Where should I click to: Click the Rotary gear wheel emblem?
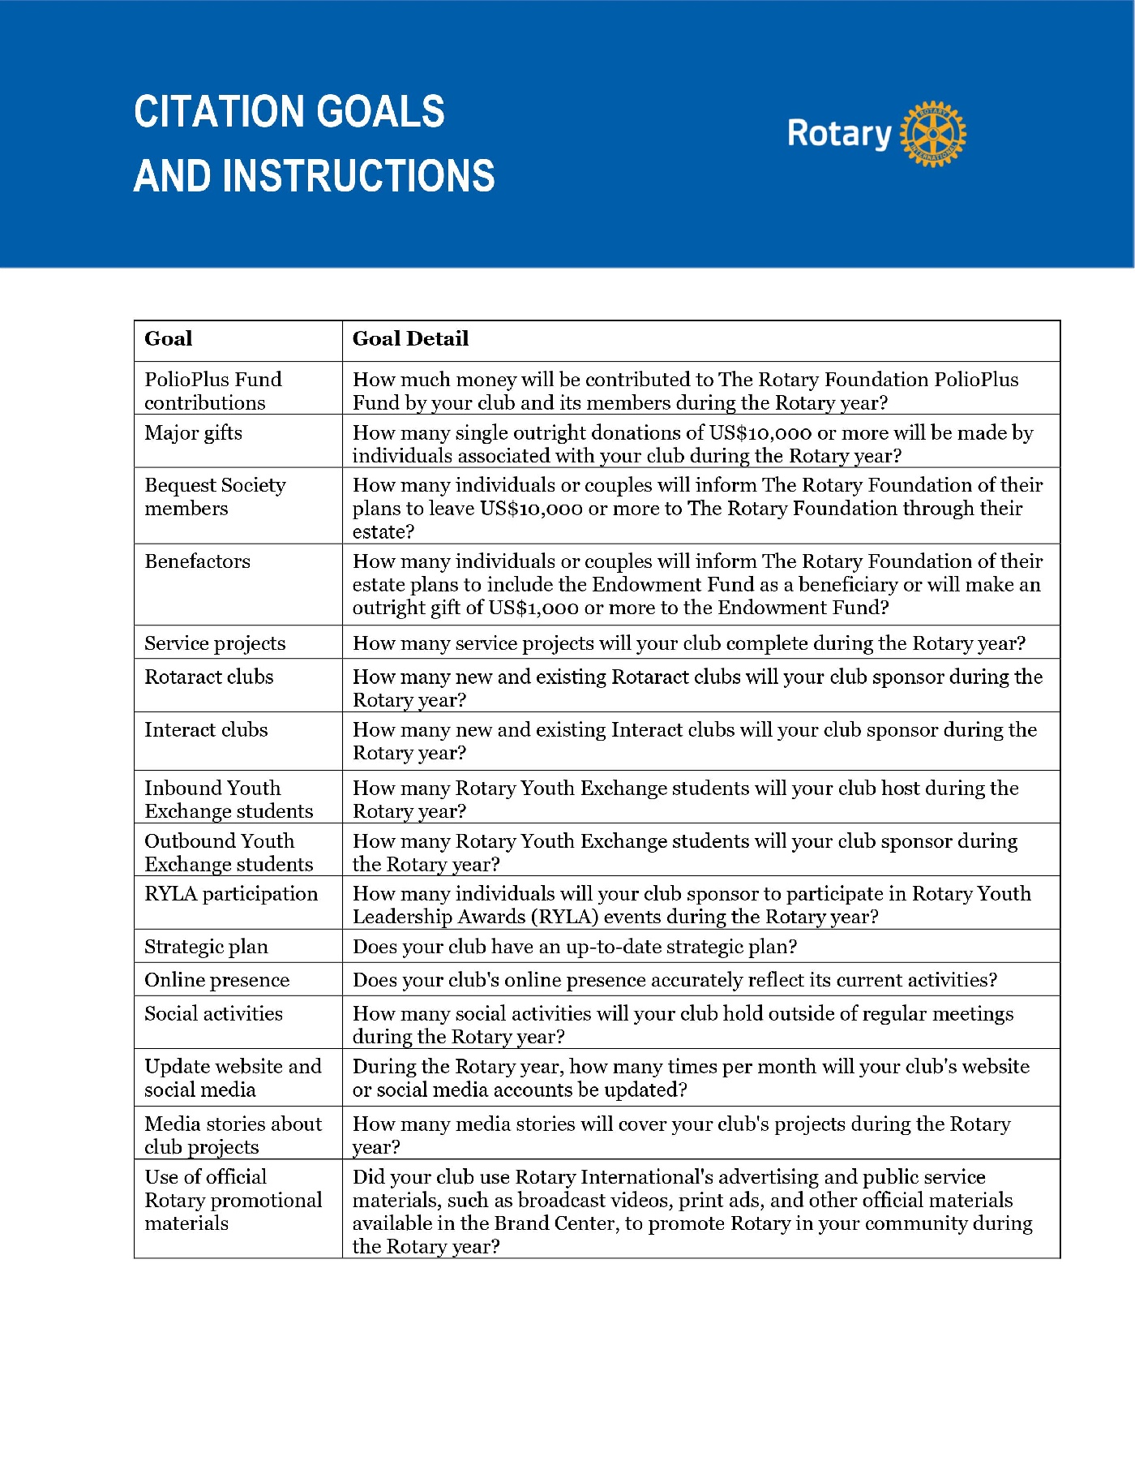pyautogui.click(x=934, y=134)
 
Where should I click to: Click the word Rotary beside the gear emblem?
pyautogui.click(x=839, y=134)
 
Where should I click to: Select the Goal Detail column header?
pyautogui.click(x=410, y=339)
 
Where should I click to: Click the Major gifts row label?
pyautogui.click(x=193, y=432)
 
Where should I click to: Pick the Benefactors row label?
pyautogui.click(x=197, y=561)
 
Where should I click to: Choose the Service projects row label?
pyautogui.click(x=215, y=643)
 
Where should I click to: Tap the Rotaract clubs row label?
pyautogui.click(x=208, y=677)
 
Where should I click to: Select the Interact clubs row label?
pyautogui.click(x=206, y=730)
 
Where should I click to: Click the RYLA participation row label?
pyautogui.click(x=231, y=894)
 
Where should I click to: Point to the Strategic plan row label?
pyautogui.click(x=206, y=947)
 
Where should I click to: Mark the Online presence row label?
pyautogui.click(x=216, y=980)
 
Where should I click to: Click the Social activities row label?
pyautogui.click(x=213, y=1013)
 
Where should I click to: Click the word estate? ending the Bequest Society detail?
pyautogui.click(x=383, y=532)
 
